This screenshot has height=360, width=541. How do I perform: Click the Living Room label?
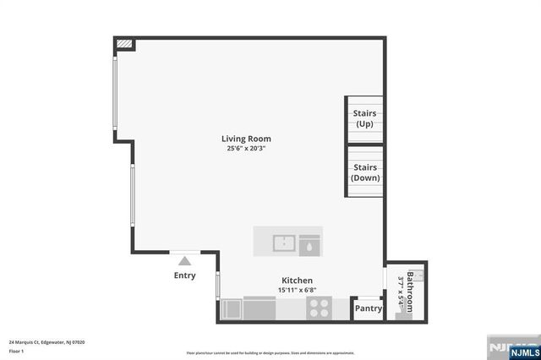[x=246, y=139]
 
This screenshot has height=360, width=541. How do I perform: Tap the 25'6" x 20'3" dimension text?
[x=246, y=149]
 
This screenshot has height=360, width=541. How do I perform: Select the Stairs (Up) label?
[x=365, y=118]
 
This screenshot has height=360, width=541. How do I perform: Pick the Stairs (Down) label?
[x=365, y=172]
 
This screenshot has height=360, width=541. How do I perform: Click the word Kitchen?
[x=297, y=281]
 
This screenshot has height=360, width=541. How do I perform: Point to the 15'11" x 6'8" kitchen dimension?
[x=297, y=290]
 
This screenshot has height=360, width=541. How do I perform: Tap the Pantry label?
[x=369, y=308]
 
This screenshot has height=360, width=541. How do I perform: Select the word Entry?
[x=184, y=275]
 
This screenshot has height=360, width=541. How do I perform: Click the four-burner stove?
[x=320, y=308]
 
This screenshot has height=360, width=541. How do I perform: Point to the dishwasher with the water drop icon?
[x=309, y=244]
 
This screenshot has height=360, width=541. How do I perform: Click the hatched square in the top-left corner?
[x=124, y=44]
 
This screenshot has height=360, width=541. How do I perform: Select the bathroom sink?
[x=418, y=274]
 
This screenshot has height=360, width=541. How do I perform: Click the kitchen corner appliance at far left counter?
[x=231, y=309]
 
